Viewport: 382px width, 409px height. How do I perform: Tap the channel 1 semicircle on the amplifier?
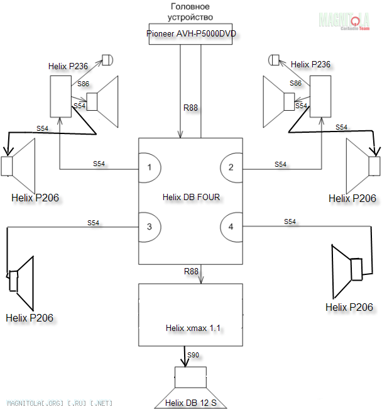click(x=150, y=167)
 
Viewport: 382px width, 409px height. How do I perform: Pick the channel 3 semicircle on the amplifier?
click(x=150, y=227)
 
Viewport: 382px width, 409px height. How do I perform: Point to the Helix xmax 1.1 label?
click(x=190, y=328)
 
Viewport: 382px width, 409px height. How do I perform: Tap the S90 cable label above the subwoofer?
click(x=194, y=356)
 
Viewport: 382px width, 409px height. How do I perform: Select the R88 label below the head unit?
click(x=190, y=108)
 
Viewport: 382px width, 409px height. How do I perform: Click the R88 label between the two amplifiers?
click(x=190, y=272)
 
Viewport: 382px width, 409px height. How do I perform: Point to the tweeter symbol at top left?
click(x=107, y=60)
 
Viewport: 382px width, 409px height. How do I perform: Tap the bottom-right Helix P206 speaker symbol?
click(x=352, y=270)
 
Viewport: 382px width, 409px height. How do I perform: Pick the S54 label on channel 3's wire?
click(x=93, y=223)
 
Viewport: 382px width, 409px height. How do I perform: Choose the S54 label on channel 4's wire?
click(x=290, y=221)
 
